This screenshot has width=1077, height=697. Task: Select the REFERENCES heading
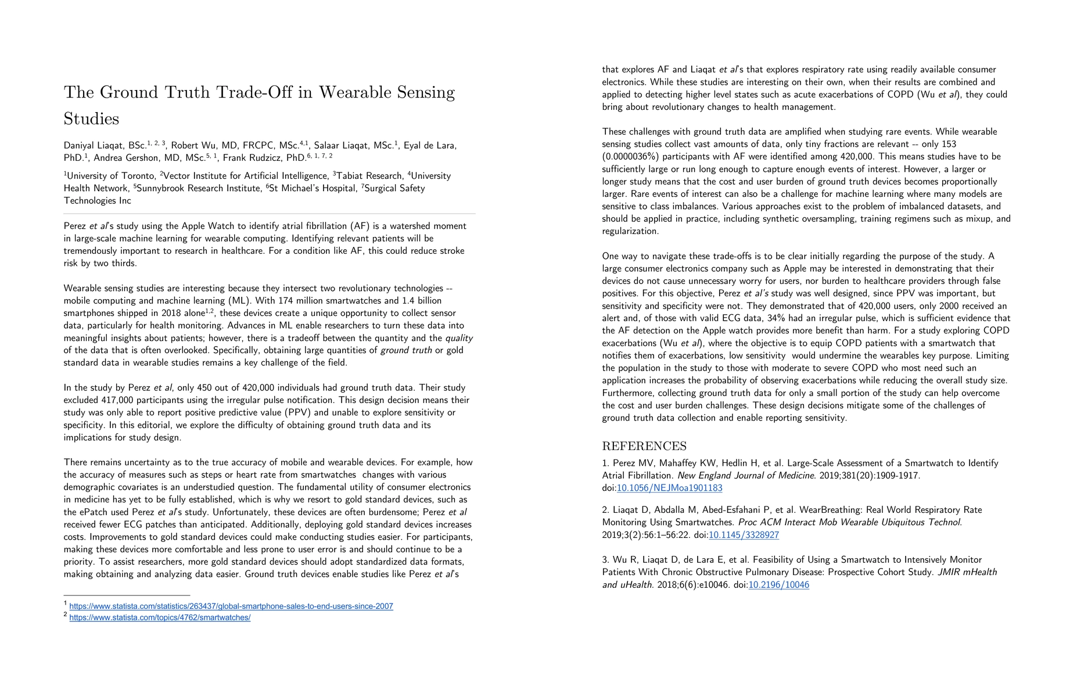[x=644, y=446]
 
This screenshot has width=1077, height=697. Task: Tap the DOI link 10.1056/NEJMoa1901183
[x=669, y=488]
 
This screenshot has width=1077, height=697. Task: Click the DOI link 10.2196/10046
[x=778, y=585]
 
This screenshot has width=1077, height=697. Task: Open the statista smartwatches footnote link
[x=160, y=617]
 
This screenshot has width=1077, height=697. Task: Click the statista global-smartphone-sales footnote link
[x=231, y=606]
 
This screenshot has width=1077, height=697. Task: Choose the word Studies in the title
[x=91, y=118]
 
